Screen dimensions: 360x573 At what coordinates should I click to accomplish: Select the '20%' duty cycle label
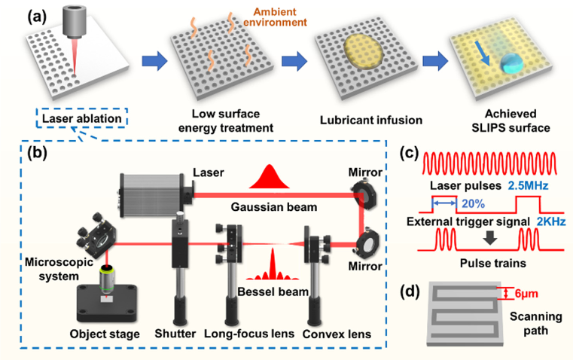click(x=471, y=203)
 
